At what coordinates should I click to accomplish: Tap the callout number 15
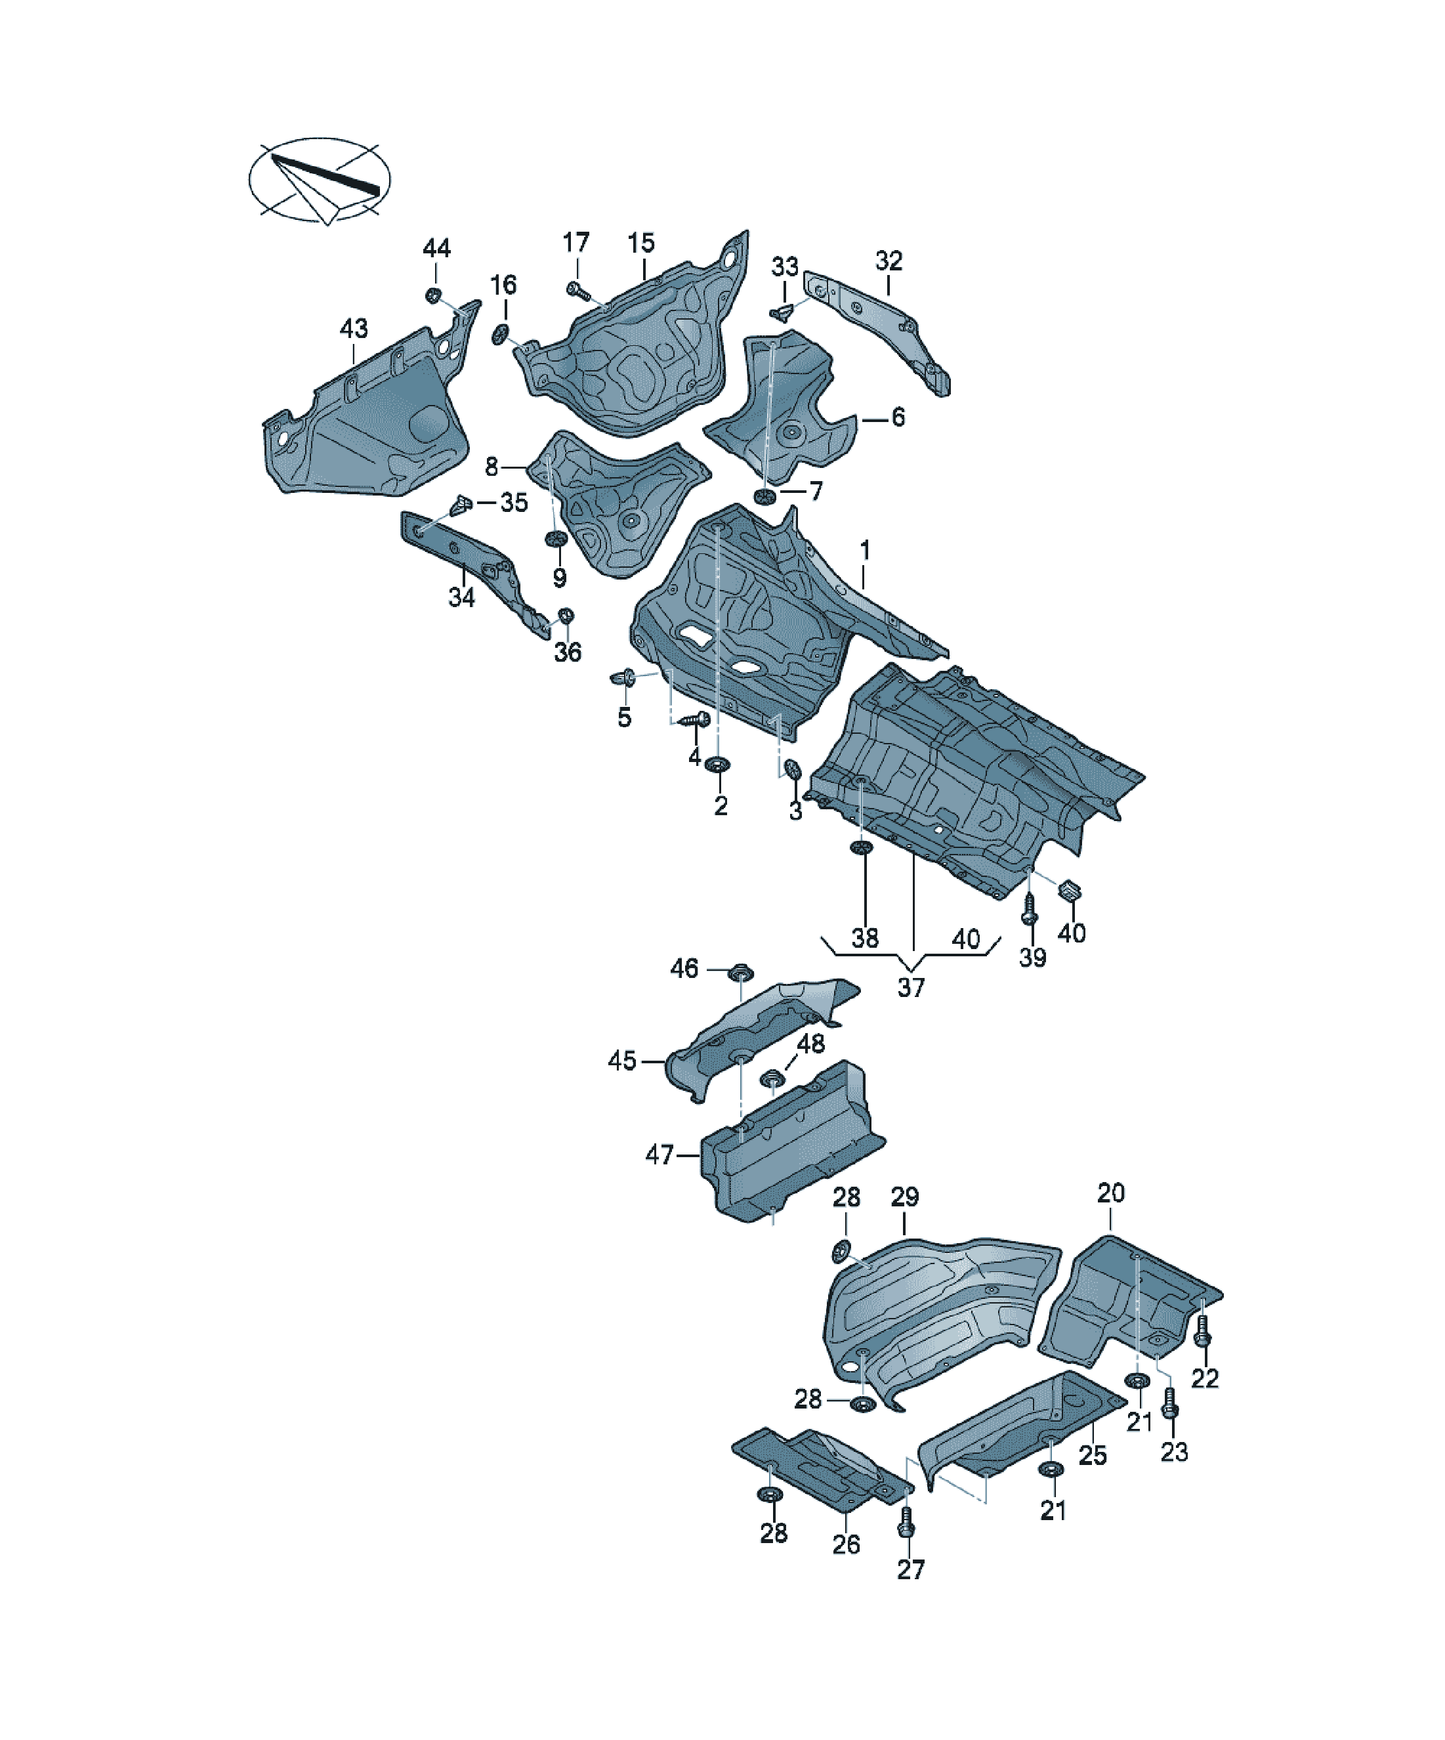point(640,243)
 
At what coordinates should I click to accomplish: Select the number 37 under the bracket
point(911,988)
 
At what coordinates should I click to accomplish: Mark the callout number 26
point(846,1544)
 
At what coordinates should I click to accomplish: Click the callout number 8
point(492,467)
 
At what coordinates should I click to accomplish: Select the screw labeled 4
point(694,719)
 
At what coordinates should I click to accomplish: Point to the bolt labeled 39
point(1030,909)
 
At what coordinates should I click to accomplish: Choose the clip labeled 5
point(623,679)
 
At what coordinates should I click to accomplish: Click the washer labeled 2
point(717,764)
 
